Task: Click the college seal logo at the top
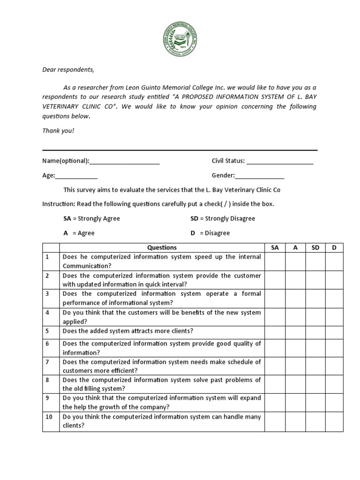click(180, 40)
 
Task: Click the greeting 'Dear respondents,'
click(68, 70)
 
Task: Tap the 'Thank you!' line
click(58, 131)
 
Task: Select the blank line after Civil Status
click(280, 161)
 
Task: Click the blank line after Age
click(76, 175)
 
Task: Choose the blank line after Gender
click(260, 175)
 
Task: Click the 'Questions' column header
click(162, 247)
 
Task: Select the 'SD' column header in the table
click(315, 247)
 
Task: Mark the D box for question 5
click(334, 331)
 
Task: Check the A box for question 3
click(295, 298)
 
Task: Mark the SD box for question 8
click(315, 384)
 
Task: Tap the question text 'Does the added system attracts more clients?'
click(128, 331)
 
